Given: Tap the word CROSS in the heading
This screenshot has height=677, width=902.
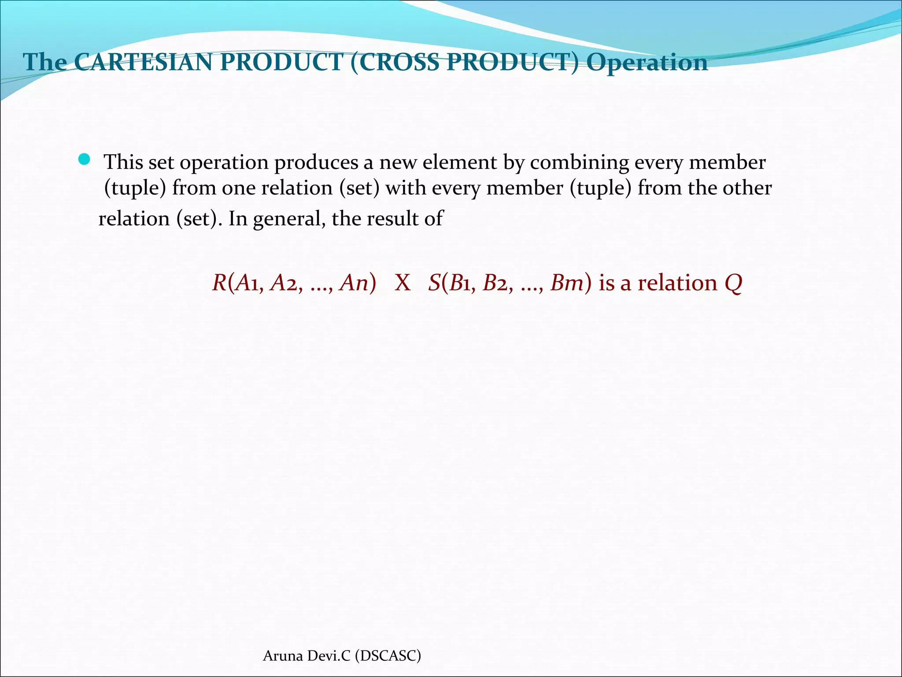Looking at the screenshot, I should coord(401,62).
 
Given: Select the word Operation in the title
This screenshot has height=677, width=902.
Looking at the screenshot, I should coord(647,62).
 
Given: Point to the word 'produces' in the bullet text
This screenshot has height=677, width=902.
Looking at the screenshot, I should coord(316,163).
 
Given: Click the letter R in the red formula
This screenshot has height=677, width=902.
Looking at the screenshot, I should coord(219,283).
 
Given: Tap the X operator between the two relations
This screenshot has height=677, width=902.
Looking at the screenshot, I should coord(403,283).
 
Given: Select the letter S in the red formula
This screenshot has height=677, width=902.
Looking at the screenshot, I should coord(434,283).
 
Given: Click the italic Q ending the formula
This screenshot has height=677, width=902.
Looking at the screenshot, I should coord(733,283).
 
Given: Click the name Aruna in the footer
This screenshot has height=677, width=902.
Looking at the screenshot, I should coord(283,656).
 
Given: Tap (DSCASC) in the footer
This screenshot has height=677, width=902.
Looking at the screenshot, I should coord(388,656).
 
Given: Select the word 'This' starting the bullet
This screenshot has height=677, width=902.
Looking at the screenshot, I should coord(123,163).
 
